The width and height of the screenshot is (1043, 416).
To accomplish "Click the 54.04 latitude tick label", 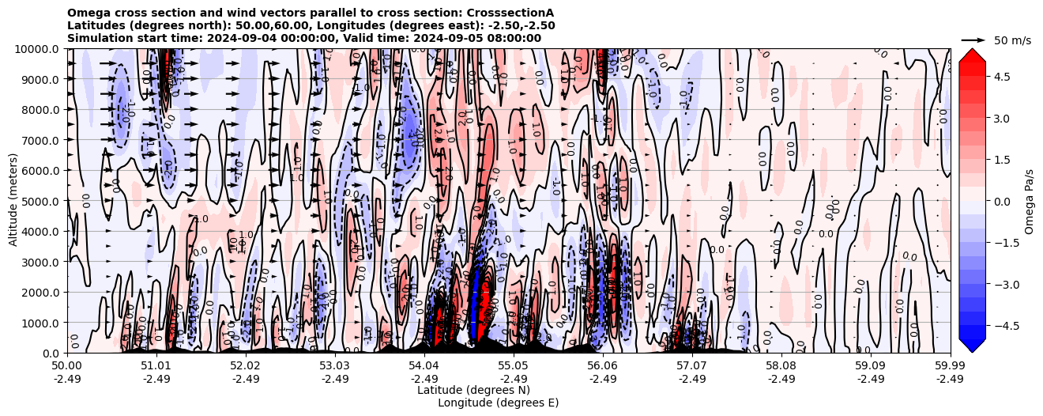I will (x=424, y=366).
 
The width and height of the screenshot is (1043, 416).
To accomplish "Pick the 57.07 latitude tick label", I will (x=691, y=366).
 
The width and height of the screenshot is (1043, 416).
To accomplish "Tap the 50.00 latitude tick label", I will (x=67, y=366).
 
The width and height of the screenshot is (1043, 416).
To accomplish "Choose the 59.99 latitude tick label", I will (x=950, y=366).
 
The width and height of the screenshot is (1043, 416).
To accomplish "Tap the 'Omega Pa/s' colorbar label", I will (x=1030, y=201).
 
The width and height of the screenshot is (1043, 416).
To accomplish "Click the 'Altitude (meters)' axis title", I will (x=13, y=201).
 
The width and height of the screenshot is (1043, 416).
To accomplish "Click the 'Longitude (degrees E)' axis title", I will (x=498, y=403).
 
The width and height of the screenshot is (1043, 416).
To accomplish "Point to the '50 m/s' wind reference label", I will (x=1012, y=40).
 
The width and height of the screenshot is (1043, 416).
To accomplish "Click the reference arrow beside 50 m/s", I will (x=973, y=40).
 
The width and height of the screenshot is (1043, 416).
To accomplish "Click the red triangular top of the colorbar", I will (x=972, y=54).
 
